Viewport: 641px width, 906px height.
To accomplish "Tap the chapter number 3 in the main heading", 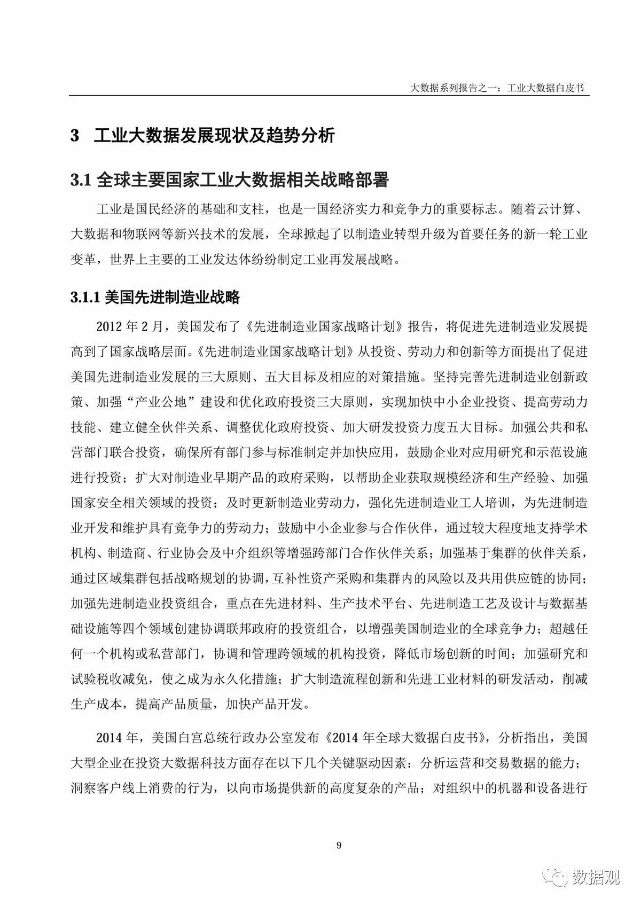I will (x=75, y=136).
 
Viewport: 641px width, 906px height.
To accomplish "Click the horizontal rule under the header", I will (x=329, y=96).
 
